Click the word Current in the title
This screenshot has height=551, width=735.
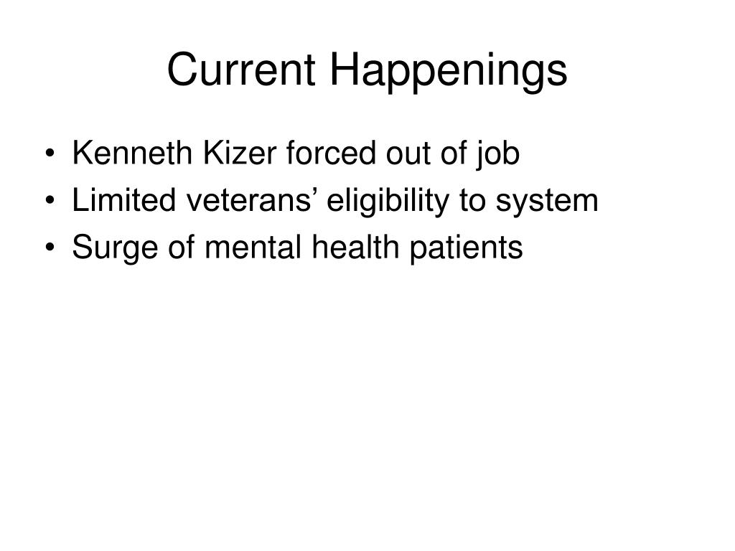point(241,69)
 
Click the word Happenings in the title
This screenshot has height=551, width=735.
point(449,71)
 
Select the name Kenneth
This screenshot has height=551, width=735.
point(132,154)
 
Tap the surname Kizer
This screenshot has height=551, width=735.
point(240,154)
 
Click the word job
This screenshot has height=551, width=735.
point(498,156)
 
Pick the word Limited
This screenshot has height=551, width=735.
point(123,200)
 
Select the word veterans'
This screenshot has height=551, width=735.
point(251,200)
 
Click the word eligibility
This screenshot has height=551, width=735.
point(388,202)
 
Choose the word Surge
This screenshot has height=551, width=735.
point(115,249)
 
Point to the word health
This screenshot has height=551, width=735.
point(355,247)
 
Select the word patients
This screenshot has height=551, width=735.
point(466,249)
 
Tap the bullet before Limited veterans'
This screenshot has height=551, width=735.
point(50,201)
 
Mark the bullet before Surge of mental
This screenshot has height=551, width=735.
point(50,248)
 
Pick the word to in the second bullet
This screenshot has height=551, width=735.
point(472,201)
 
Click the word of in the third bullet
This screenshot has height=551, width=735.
point(182,247)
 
